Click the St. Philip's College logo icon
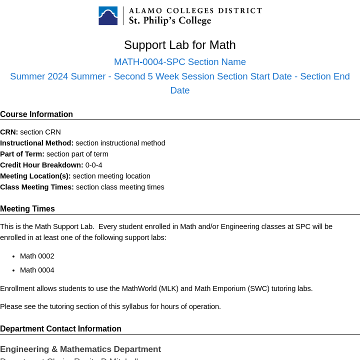point(108,15)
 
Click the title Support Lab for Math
point(180,45)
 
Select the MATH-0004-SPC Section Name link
point(180,62)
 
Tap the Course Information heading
point(36,114)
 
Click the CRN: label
point(9,132)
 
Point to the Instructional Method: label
point(37,143)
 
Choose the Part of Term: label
point(22,154)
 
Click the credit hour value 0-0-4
point(93,165)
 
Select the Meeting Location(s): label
point(35,176)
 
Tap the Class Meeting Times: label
point(37,187)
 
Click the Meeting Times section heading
point(27,209)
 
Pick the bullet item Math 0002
point(37,256)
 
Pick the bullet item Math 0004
point(37,270)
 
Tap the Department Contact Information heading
point(60,329)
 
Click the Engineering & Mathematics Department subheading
point(80,349)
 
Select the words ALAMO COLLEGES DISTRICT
point(195,10)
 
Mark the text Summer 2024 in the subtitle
point(39,76)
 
